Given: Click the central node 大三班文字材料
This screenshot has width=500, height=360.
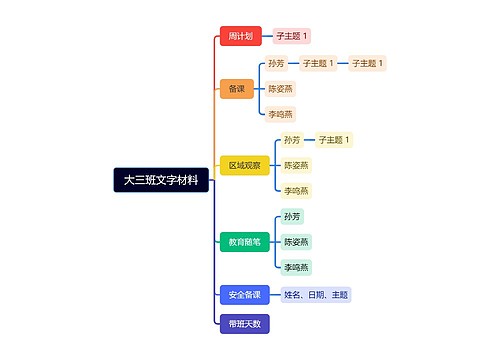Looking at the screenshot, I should pyautogui.click(x=160, y=181).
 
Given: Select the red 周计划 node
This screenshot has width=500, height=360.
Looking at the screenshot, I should pyautogui.click(x=240, y=36).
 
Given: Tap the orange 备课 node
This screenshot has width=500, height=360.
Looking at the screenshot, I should pyautogui.click(x=236, y=89).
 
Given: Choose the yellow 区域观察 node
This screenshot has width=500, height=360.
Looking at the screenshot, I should pyautogui.click(x=244, y=165).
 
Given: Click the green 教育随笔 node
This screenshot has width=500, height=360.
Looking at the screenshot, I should pyautogui.click(x=244, y=241).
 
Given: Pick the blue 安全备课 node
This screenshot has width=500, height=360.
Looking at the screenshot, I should pyautogui.click(x=244, y=295).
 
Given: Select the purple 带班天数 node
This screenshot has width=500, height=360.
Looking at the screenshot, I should pyautogui.click(x=244, y=323).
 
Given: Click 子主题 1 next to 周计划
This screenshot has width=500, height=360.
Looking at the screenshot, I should pyautogui.click(x=293, y=36).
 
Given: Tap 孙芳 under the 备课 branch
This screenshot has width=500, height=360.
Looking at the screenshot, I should pyautogui.click(x=276, y=63).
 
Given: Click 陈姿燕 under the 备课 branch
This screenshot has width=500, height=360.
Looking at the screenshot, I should pyautogui.click(x=281, y=89).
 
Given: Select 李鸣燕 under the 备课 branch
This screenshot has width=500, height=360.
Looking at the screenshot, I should pyautogui.click(x=281, y=114).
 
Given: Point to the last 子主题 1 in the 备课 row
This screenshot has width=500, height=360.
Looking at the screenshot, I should pyautogui.click(x=368, y=63).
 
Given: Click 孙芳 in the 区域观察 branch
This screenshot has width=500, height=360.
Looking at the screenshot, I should pyautogui.click(x=291, y=140).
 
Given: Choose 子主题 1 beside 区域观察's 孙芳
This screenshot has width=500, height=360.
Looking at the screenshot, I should pyautogui.click(x=334, y=140).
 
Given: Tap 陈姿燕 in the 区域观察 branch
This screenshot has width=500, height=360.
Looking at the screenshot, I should pyautogui.click(x=296, y=165).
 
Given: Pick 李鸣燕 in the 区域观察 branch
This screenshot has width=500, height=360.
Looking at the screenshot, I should pyautogui.click(x=296, y=190).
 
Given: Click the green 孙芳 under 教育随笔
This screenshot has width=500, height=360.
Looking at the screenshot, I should pyautogui.click(x=291, y=216).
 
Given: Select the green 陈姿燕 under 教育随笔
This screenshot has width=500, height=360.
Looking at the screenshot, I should pyautogui.click(x=296, y=241).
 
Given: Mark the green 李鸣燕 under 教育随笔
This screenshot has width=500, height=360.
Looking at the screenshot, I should pyautogui.click(x=296, y=267).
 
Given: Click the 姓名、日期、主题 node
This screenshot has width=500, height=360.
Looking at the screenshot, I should pyautogui.click(x=315, y=295).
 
